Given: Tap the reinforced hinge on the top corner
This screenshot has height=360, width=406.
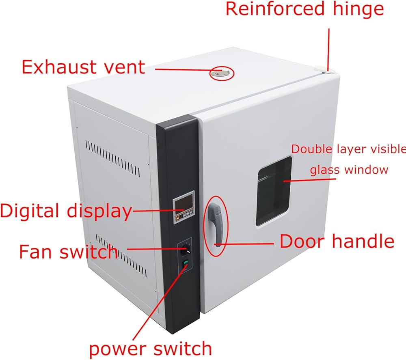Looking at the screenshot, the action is point(324,70).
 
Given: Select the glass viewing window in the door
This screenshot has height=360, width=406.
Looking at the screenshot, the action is point(274,192).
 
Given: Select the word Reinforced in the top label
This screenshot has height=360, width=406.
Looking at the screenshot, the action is point(275,9).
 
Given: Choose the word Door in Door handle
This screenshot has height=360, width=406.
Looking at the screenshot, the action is point(302,241).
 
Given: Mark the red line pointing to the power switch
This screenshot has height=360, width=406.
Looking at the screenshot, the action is point(160,303).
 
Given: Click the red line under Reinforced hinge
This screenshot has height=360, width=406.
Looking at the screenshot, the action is point(329,49).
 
